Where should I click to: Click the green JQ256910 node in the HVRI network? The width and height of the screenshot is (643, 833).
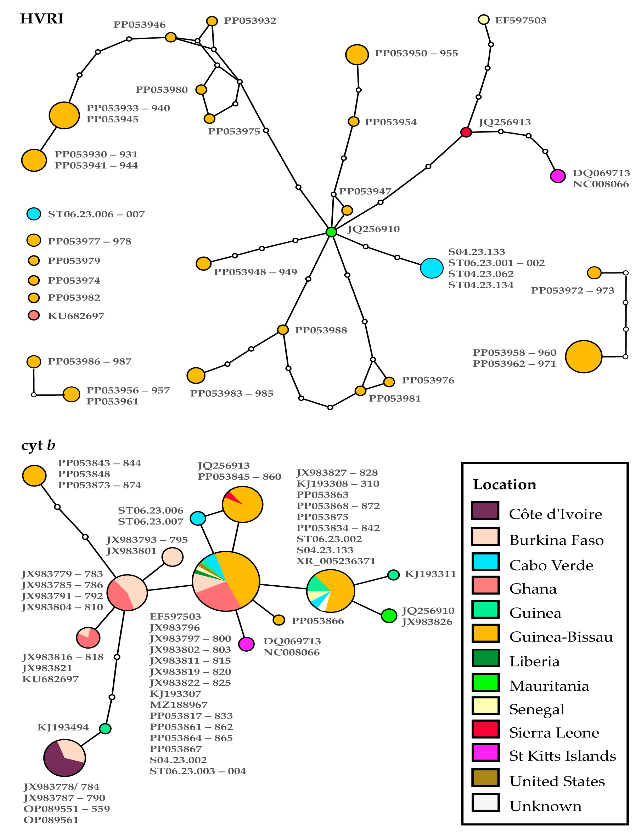(331, 232)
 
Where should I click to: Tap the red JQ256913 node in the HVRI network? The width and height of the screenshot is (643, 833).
(466, 132)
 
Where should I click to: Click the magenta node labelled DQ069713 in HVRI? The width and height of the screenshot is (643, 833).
(557, 176)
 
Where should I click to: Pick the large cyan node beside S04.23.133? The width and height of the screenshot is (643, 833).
(431, 268)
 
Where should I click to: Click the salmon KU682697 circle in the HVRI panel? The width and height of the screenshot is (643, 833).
(34, 315)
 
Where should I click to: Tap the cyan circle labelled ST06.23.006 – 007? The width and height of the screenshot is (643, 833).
(34, 214)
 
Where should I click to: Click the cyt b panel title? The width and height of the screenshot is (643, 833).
(38, 445)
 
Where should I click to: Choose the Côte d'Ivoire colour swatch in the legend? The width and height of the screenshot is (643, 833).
(485, 511)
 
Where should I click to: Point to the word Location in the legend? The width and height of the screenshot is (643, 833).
(504, 484)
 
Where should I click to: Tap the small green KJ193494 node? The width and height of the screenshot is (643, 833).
(105, 729)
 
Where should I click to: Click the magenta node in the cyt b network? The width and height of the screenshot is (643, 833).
(246, 644)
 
